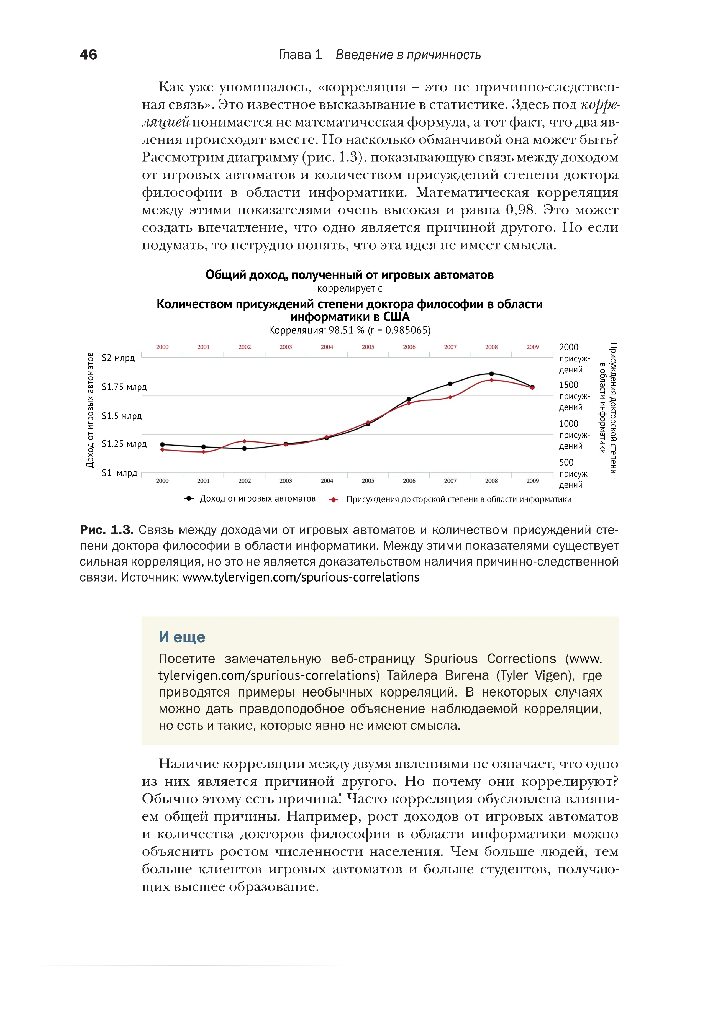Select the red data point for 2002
(245, 441)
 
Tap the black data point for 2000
(162, 444)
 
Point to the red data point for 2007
(450, 397)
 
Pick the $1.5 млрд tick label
(122, 416)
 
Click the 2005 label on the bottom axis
(368, 481)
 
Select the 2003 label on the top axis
(286, 347)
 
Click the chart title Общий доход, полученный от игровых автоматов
(349, 275)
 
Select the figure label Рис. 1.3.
(107, 530)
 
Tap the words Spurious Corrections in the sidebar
(490, 659)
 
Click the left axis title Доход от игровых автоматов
(90, 410)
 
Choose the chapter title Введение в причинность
(408, 55)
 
